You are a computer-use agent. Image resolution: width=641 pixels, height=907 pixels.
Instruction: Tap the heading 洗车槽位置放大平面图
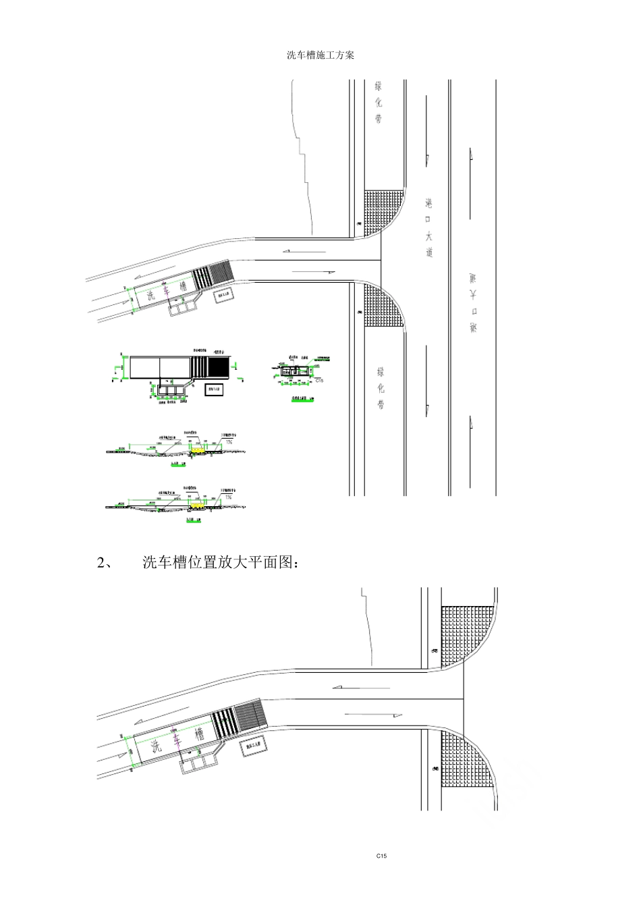click(x=219, y=562)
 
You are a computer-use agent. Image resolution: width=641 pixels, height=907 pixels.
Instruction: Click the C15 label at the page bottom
click(x=381, y=856)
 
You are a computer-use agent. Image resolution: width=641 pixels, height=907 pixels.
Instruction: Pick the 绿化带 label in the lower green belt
click(x=381, y=388)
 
